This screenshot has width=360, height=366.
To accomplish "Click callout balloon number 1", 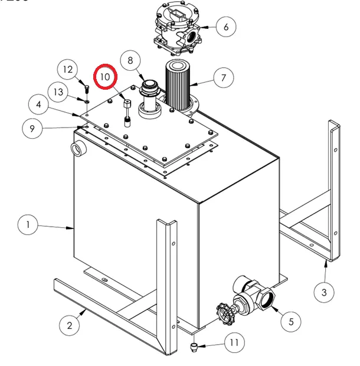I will pyautogui.click(x=28, y=224).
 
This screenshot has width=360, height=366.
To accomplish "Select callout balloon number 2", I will pyautogui.click(x=70, y=324).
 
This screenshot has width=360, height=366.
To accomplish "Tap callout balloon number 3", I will pyautogui.click(x=323, y=292).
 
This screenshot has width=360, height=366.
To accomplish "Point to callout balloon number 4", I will pyautogui.click(x=38, y=105).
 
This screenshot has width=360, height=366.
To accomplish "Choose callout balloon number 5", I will pyautogui.click(x=290, y=322).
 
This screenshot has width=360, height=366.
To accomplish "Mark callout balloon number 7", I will pyautogui.click(x=224, y=77).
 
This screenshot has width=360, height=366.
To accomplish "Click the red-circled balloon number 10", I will pyautogui.click(x=105, y=77).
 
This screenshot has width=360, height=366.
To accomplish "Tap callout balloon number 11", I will pyautogui.click(x=234, y=342).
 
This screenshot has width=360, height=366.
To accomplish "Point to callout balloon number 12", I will pyautogui.click(x=68, y=70).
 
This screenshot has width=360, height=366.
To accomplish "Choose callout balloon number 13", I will pyautogui.click(x=58, y=92).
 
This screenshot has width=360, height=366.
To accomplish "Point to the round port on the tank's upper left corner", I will pyautogui.click(x=77, y=148).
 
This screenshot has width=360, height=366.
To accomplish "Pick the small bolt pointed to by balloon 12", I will pyautogui.click(x=87, y=89).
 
